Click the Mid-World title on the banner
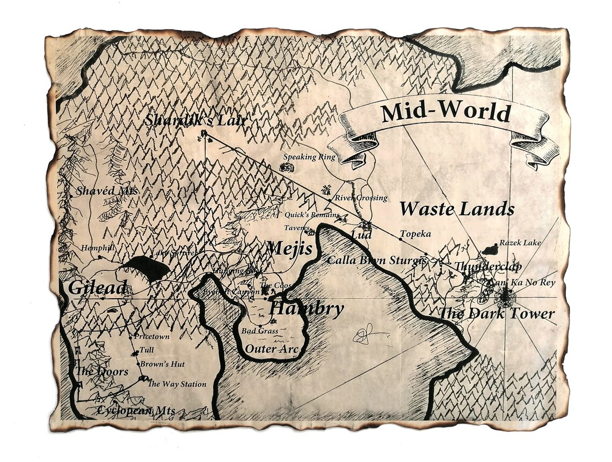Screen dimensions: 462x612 coord(446,113)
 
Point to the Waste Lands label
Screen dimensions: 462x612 coord(456,209)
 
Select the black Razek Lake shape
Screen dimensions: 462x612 coord(490,249)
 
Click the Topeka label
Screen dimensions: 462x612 coord(416,234)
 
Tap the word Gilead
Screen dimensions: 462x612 coord(97,287)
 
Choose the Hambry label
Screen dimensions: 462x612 coord(306,309)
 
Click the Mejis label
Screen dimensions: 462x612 coord(289,249)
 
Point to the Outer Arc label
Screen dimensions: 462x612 coord(272,349)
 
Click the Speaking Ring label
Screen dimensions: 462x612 coord(309,157)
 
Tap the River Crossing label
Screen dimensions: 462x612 coord(361,198)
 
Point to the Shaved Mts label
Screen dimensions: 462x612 coord(107,191)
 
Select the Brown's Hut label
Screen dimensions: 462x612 coord(162,364)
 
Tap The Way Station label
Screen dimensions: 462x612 coord(177,384)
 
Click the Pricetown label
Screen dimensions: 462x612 coord(152,337)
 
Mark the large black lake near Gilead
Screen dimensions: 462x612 coord(145,267)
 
